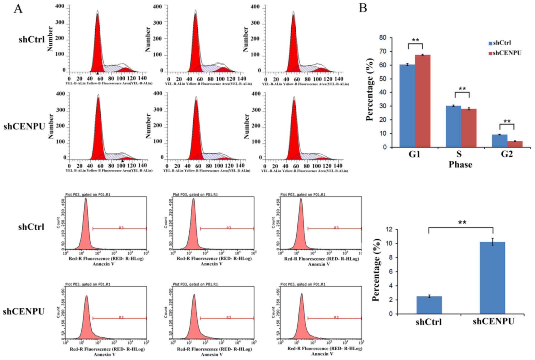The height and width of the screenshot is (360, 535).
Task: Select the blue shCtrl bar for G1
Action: [x=407, y=105]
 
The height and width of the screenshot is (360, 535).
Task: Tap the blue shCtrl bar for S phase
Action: [x=453, y=126]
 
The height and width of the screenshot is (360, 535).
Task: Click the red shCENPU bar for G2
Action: [x=515, y=144]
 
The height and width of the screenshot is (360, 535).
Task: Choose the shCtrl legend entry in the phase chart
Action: [x=500, y=43]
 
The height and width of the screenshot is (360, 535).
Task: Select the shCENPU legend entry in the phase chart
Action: [x=505, y=53]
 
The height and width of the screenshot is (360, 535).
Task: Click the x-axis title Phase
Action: [x=460, y=165]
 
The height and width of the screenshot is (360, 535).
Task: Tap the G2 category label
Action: [x=507, y=154]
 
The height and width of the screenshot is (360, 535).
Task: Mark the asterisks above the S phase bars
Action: [x=462, y=89]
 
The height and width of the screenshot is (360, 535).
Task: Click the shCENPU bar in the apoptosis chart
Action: [x=492, y=278]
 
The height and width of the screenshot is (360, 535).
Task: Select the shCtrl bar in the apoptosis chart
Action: [x=429, y=305]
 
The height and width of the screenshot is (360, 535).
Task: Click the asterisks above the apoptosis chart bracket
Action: [x=462, y=223]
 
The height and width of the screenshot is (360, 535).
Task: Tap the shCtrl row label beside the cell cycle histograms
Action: [x=32, y=40]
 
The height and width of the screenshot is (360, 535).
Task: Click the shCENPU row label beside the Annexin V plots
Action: [x=24, y=312]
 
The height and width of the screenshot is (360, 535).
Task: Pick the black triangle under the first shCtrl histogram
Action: [x=97, y=73]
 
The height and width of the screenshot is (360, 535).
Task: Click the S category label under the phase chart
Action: [x=461, y=154]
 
